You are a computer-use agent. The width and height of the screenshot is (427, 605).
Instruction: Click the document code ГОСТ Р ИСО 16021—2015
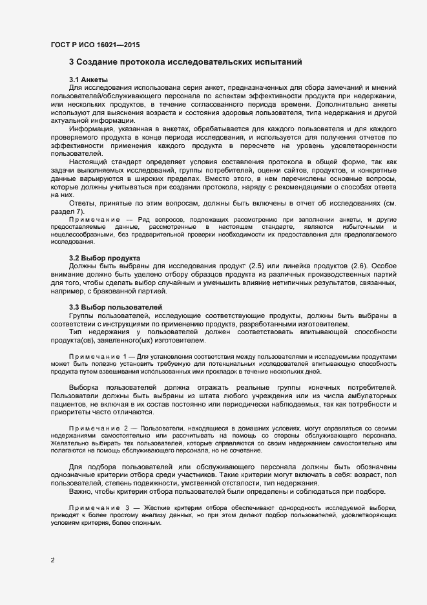point(94,45)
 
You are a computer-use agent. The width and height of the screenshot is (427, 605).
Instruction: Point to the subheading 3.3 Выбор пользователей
point(109,306)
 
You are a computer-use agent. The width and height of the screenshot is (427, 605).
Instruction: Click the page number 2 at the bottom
point(52,560)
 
